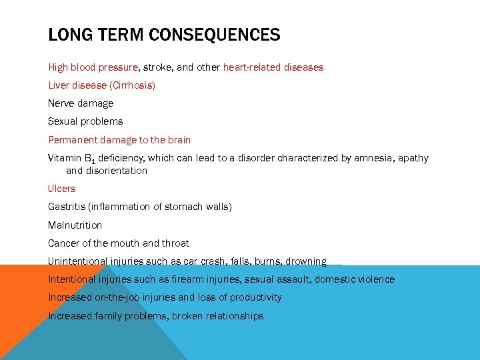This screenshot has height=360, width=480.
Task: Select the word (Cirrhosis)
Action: [132, 85]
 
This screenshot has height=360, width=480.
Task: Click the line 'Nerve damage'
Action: [81, 103]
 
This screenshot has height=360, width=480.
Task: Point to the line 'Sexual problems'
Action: [85, 121]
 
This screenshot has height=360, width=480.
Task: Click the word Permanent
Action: [73, 140]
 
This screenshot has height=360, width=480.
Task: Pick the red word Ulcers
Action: [62, 189]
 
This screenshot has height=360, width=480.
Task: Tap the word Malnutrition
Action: [75, 225]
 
